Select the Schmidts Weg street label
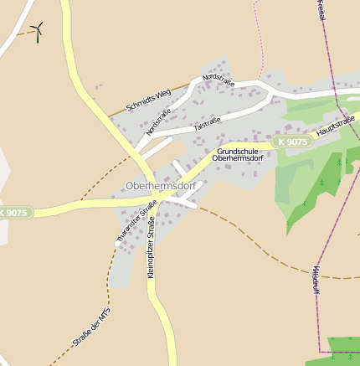[148, 98]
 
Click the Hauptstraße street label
[337, 127]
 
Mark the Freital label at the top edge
[321, 10]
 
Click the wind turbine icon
[37, 32]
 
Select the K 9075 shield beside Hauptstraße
[294, 142]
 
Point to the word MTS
[104, 312]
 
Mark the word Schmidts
[140, 102]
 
